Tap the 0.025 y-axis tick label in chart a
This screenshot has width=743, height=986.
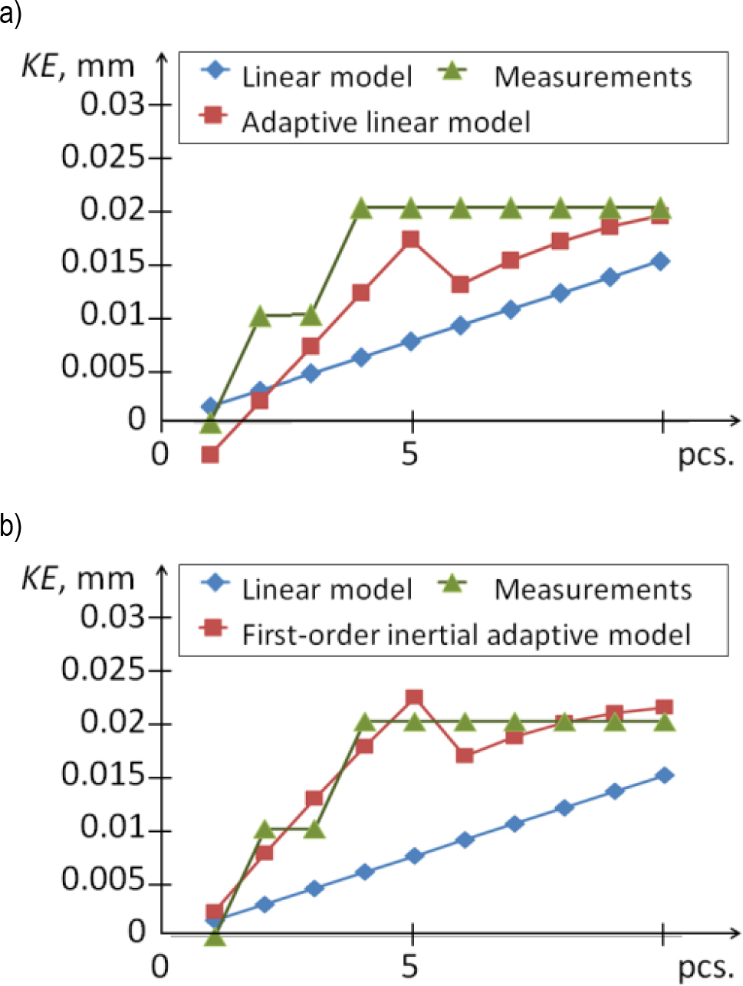point(103,157)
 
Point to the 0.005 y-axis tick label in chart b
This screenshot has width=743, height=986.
point(103,882)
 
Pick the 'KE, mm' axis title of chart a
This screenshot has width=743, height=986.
point(77,67)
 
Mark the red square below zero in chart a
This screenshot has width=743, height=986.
point(210,455)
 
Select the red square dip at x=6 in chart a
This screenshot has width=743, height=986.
point(460,284)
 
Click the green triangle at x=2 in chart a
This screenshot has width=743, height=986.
point(260,316)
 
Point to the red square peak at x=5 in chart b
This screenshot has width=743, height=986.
point(414,698)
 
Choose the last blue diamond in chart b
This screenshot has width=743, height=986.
point(665,775)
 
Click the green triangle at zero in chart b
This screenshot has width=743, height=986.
point(215,937)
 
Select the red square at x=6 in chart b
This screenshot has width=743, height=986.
point(464,755)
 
